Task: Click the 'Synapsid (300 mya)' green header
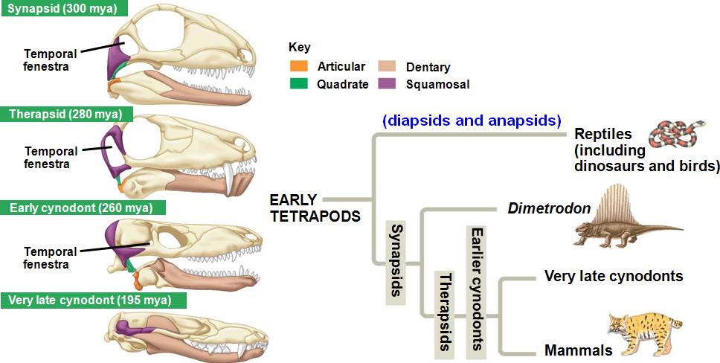tap(63, 9)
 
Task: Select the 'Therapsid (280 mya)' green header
tap(66, 115)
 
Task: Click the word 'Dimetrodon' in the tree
tap(549, 208)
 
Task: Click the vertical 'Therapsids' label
tap(445, 312)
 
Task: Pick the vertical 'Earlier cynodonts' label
tap(477, 289)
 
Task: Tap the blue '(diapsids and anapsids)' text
tap(472, 120)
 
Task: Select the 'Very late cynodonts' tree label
tap(614, 277)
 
